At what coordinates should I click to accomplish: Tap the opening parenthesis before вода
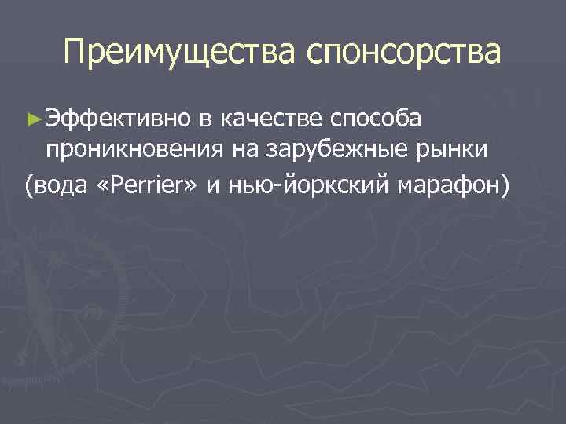click(x=29, y=185)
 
